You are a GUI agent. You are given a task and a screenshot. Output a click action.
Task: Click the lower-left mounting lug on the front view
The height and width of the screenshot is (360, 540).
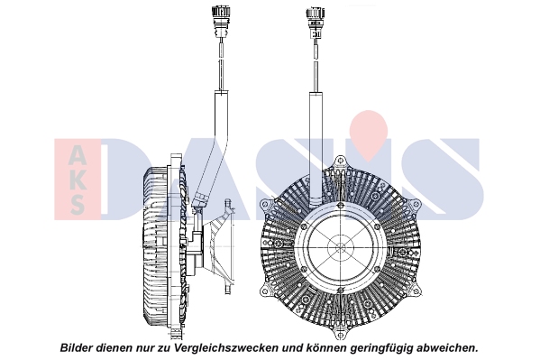pos(266,291)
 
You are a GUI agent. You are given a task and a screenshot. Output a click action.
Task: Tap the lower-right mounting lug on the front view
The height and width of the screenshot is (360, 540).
pos(416,291)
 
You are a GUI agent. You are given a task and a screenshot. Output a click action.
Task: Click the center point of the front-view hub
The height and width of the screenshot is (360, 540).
pos(341,247)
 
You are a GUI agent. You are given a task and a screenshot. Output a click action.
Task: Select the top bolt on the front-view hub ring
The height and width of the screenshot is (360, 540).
pos(341,206)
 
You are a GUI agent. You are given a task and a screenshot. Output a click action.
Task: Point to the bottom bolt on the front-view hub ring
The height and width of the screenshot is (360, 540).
pos(341,290)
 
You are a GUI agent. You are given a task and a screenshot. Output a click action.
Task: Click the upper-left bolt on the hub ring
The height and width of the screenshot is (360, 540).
pos(304,226)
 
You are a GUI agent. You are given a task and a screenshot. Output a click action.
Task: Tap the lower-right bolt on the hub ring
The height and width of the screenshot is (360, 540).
pos(377,269)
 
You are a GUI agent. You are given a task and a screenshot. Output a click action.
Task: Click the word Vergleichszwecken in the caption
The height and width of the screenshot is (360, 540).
pos(225,347)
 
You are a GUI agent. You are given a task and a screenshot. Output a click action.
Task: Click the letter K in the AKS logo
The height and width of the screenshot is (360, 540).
pos(78,180)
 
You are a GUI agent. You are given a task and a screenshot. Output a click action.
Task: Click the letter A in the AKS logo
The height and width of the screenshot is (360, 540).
pos(78,154)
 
